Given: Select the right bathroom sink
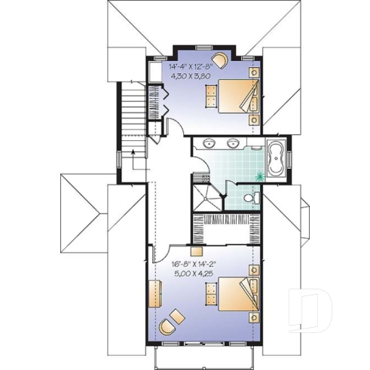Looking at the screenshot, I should [x=228, y=144].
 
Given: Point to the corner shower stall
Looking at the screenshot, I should [x=206, y=194].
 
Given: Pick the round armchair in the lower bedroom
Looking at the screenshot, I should [x=169, y=324].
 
